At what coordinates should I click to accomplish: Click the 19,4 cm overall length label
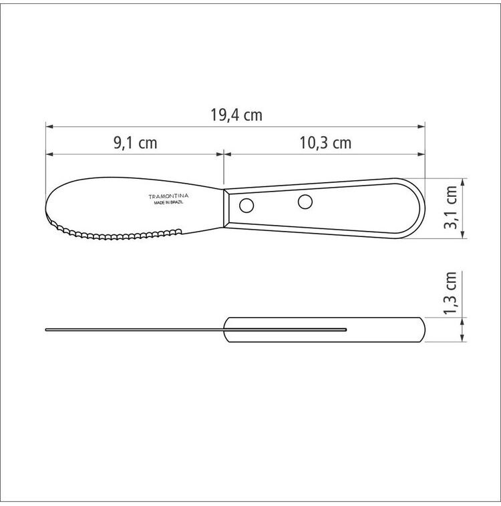236,115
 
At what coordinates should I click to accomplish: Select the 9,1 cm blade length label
136,143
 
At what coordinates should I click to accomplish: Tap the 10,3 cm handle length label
325,143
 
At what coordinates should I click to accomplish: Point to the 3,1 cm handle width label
450,208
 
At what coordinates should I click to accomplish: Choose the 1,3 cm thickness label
450,293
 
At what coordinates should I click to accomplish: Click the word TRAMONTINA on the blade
168,196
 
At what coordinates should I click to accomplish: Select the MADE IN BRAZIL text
168,203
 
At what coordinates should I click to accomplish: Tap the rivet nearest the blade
246,205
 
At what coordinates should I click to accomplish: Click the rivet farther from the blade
305,202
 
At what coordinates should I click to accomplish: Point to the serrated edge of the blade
113,234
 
